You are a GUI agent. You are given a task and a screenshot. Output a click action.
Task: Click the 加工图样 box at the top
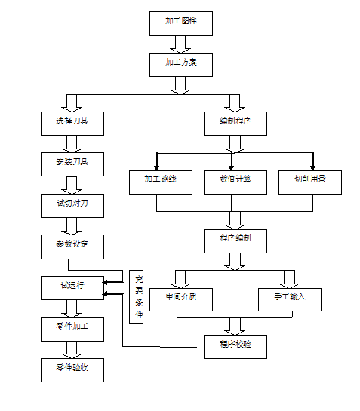pos(180,23)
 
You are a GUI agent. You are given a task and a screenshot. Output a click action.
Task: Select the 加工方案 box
pos(180,63)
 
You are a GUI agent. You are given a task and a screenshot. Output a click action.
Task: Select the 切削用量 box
pos(311,182)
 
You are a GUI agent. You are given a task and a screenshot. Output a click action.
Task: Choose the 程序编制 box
pos(235,241)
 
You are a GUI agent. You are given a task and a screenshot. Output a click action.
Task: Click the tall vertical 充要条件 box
pos(137,296)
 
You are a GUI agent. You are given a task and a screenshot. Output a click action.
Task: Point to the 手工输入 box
pos(290,299)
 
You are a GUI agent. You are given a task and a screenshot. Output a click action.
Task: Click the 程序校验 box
pos(235,345)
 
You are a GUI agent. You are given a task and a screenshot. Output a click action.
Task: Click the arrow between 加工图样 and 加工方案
pos(180,43)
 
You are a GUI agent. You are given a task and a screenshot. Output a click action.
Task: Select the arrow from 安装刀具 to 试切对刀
pos(73,183)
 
